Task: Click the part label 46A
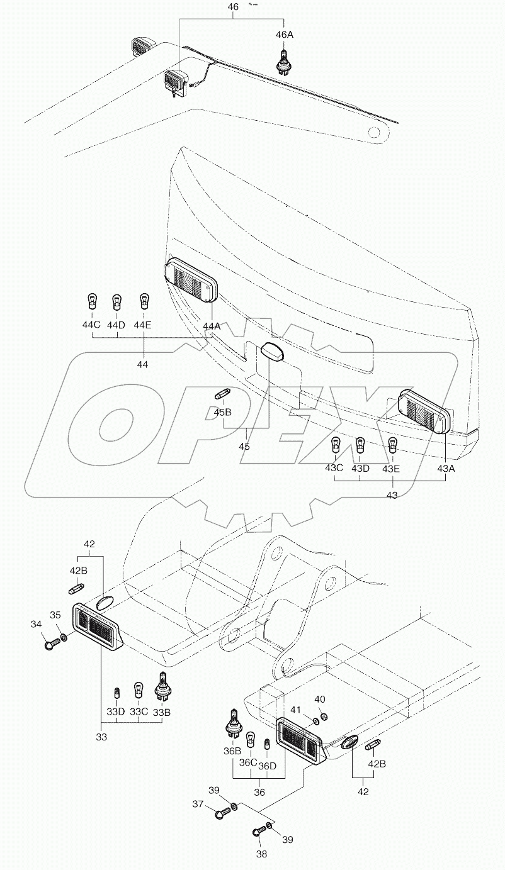pos(285,35)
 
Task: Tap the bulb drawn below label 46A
pos(285,62)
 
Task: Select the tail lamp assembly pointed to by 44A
pos(191,282)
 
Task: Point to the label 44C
pos(93,325)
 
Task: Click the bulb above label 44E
pos(144,301)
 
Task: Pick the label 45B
pos(222,413)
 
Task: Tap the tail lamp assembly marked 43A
pos(425,410)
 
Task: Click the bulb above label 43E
pos(392,446)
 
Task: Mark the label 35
pos(55,615)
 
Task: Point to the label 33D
pos(115,712)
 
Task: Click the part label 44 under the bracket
pos(143,364)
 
